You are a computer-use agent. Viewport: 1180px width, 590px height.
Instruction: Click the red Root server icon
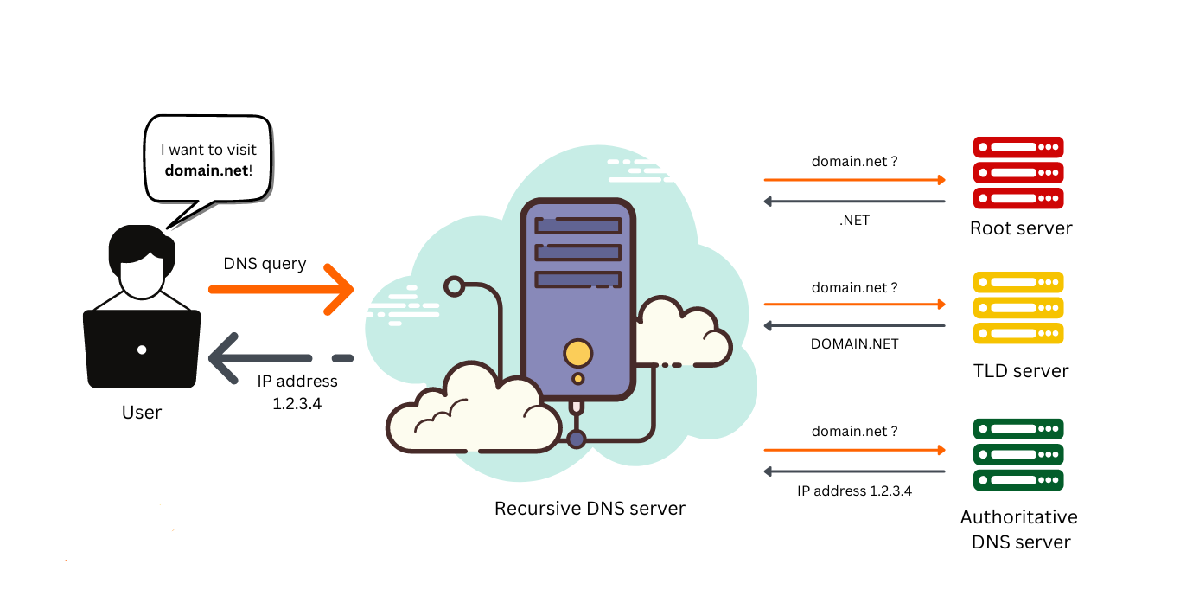coord(1018,172)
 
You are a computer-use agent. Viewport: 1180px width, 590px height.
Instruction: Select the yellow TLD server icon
coord(1018,307)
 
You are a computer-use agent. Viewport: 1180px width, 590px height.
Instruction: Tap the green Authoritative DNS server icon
coord(1018,454)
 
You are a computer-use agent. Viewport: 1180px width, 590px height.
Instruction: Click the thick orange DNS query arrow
coord(281,289)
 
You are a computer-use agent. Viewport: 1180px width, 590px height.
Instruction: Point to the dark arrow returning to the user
coord(281,358)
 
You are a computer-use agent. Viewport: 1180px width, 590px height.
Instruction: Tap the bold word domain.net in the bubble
coord(207,170)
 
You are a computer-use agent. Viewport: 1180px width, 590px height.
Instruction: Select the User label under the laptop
coord(142,413)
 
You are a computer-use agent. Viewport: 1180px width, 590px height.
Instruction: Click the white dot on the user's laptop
coord(142,350)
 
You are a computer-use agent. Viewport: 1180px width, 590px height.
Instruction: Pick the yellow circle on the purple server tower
coord(577,353)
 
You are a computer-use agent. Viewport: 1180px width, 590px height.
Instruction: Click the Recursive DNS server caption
coord(590,509)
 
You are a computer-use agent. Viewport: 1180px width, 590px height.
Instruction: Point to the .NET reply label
coord(854,221)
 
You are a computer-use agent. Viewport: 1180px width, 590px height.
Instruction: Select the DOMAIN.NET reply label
coord(854,343)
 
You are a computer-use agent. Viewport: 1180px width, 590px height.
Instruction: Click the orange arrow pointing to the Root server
coord(854,180)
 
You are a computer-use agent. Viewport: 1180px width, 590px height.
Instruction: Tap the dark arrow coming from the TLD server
coord(854,326)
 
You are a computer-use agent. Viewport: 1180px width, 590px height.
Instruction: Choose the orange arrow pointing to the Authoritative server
coord(854,450)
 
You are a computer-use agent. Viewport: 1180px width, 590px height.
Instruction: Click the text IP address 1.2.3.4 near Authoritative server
coord(854,491)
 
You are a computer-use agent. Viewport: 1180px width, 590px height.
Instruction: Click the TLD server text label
coord(1021,371)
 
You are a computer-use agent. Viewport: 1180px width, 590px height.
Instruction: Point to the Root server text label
coord(1021,228)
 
